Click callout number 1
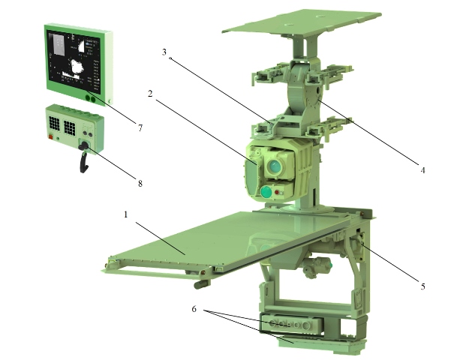click(x=125, y=214)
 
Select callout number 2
click(x=150, y=94)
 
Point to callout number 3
click(x=164, y=52)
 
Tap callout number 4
click(x=422, y=170)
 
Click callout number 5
click(x=422, y=286)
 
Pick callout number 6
click(x=194, y=309)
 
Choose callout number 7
click(x=140, y=128)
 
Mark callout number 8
click(x=140, y=184)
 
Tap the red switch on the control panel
click(x=52, y=136)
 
